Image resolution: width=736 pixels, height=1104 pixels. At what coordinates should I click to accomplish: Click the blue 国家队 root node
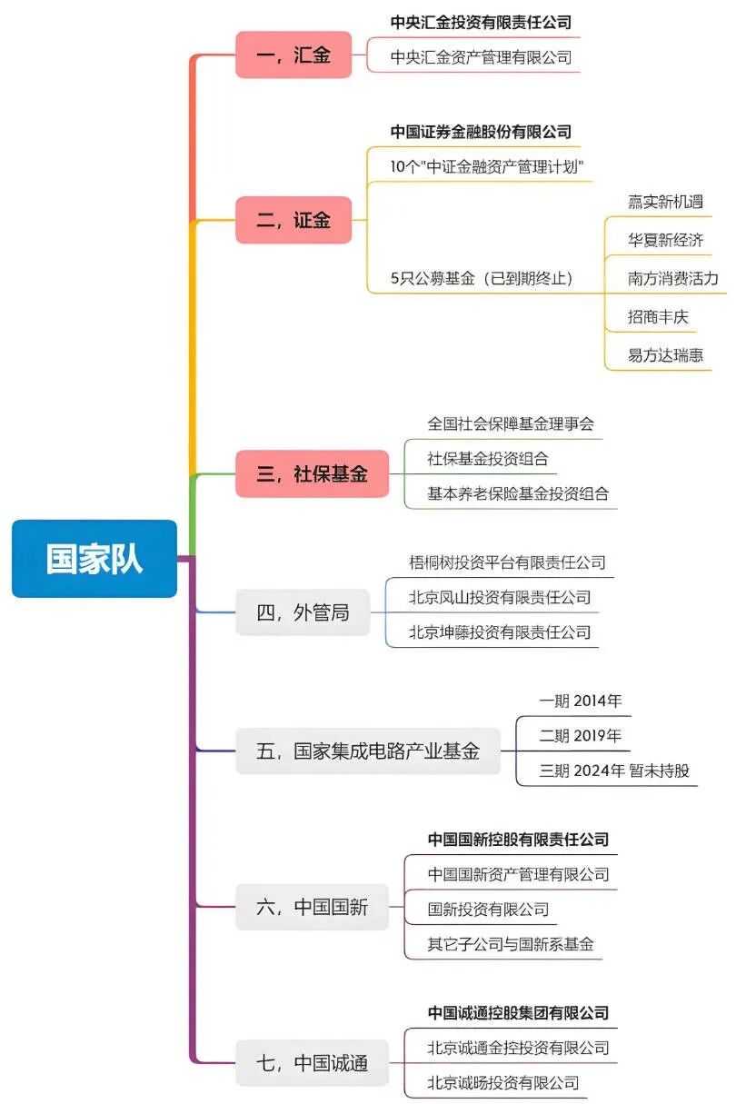(94, 559)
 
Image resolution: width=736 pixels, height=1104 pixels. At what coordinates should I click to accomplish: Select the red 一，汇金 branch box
(293, 55)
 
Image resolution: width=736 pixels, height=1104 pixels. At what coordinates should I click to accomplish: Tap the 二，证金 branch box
(293, 220)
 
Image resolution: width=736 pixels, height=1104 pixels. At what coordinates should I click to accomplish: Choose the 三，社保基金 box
(313, 473)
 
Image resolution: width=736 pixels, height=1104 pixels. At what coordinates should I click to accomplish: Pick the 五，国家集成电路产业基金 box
(368, 751)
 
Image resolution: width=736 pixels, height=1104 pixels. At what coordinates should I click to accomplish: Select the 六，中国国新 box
(313, 907)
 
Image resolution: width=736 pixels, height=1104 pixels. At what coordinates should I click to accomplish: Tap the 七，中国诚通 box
(313, 1062)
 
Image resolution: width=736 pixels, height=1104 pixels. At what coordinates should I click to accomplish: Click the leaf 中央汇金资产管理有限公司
(482, 57)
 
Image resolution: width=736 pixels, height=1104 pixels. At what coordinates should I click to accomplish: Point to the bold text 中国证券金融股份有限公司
(482, 132)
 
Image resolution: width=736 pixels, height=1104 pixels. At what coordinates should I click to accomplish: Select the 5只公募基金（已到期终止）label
(482, 279)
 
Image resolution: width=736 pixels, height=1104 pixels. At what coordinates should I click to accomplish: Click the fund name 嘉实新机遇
(665, 202)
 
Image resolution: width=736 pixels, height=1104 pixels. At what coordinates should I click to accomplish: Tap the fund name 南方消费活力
(672, 278)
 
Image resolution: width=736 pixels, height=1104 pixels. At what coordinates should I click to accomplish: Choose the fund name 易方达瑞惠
(665, 355)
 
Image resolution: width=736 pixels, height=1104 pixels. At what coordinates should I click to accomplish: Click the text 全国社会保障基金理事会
(511, 423)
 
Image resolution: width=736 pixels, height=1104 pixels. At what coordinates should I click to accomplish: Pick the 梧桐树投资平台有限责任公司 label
(507, 562)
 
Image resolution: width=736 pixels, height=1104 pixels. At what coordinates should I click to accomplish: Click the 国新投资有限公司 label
(489, 909)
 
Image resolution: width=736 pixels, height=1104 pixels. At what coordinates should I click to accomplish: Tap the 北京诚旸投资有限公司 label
(503, 1082)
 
